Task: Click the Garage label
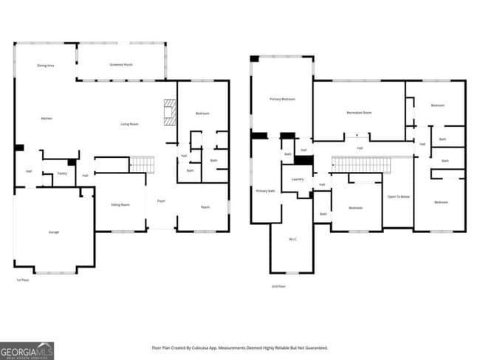[x=54, y=232]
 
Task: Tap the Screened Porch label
[x=121, y=65]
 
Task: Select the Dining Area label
[x=46, y=66]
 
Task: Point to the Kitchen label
[x=46, y=118]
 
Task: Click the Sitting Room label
[x=120, y=204]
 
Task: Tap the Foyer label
[x=160, y=201]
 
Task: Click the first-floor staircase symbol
[x=141, y=164]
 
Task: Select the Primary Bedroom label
[x=282, y=98]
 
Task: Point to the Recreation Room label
[x=359, y=113]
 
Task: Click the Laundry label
[x=298, y=179]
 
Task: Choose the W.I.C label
[x=293, y=239]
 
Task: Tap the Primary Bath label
[x=265, y=191]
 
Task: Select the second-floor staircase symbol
[x=355, y=163]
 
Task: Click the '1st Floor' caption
[x=22, y=280]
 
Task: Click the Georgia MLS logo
[x=27, y=350]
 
